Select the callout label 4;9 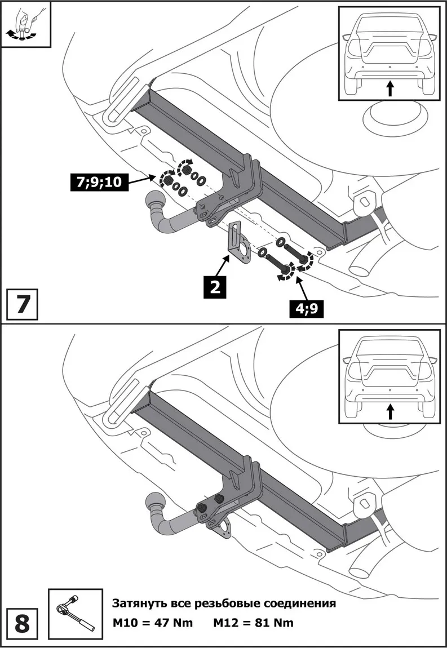click(x=308, y=308)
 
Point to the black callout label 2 click(x=214, y=287)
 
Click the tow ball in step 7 click(x=154, y=201)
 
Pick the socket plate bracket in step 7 click(x=239, y=247)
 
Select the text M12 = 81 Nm click(x=253, y=623)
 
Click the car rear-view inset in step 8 click(x=388, y=375)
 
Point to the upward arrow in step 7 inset click(x=389, y=88)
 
